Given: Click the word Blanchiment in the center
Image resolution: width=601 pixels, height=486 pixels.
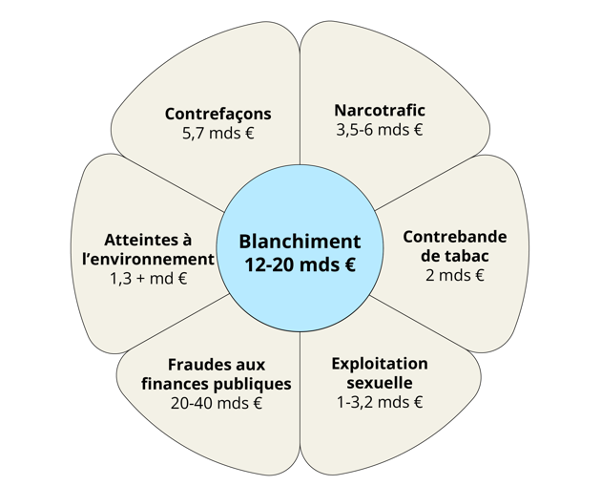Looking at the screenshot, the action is [300, 242].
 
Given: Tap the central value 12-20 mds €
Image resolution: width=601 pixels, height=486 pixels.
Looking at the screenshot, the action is [300, 264].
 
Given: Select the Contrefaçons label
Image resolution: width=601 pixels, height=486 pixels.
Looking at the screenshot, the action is [218, 114].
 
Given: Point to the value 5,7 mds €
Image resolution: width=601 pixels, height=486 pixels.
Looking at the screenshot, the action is [218, 133].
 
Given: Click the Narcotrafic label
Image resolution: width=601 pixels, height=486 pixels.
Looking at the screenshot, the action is [380, 110].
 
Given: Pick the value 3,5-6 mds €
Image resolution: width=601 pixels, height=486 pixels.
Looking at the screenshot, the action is [380, 130].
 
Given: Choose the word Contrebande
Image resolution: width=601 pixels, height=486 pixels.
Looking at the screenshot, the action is [455, 237].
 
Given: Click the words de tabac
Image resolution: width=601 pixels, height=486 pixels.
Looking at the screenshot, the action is [455, 256].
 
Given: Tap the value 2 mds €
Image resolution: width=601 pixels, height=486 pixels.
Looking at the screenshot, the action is [455, 275].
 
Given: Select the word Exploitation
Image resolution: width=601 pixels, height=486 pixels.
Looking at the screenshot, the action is [380, 364].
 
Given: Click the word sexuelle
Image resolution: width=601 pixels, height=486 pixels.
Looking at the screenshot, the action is [380, 383].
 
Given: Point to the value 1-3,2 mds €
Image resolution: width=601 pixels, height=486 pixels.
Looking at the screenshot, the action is [380, 402].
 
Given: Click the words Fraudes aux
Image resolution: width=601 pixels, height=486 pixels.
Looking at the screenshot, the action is [217, 365].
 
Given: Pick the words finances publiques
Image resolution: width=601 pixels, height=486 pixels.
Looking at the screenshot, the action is [217, 384].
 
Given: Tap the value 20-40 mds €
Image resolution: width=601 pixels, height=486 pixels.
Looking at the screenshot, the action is [217, 403].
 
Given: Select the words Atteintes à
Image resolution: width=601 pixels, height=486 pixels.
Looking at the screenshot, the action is [148, 240].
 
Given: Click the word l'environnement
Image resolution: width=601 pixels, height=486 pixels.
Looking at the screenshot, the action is [148, 260].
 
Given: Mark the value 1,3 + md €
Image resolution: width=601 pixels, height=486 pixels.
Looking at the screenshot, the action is [149, 279].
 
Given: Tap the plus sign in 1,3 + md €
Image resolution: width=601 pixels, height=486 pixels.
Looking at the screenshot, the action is [140, 279].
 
